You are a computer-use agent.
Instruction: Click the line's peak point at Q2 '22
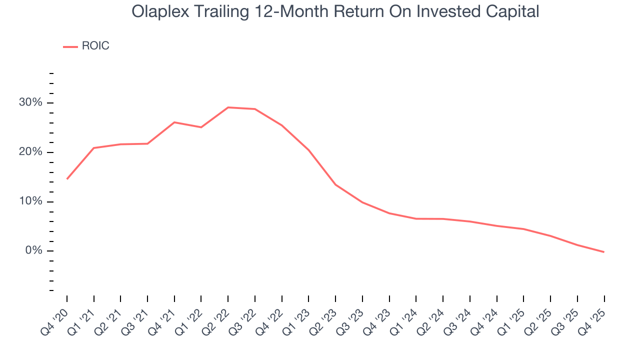click(228, 107)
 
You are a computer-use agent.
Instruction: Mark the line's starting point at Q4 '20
click(67, 178)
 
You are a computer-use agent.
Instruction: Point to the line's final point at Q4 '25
click(604, 252)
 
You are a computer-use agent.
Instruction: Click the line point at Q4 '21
click(174, 122)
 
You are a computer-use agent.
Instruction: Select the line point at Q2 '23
click(335, 184)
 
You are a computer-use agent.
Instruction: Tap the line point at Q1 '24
click(416, 218)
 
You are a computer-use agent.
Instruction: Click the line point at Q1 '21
click(94, 148)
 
